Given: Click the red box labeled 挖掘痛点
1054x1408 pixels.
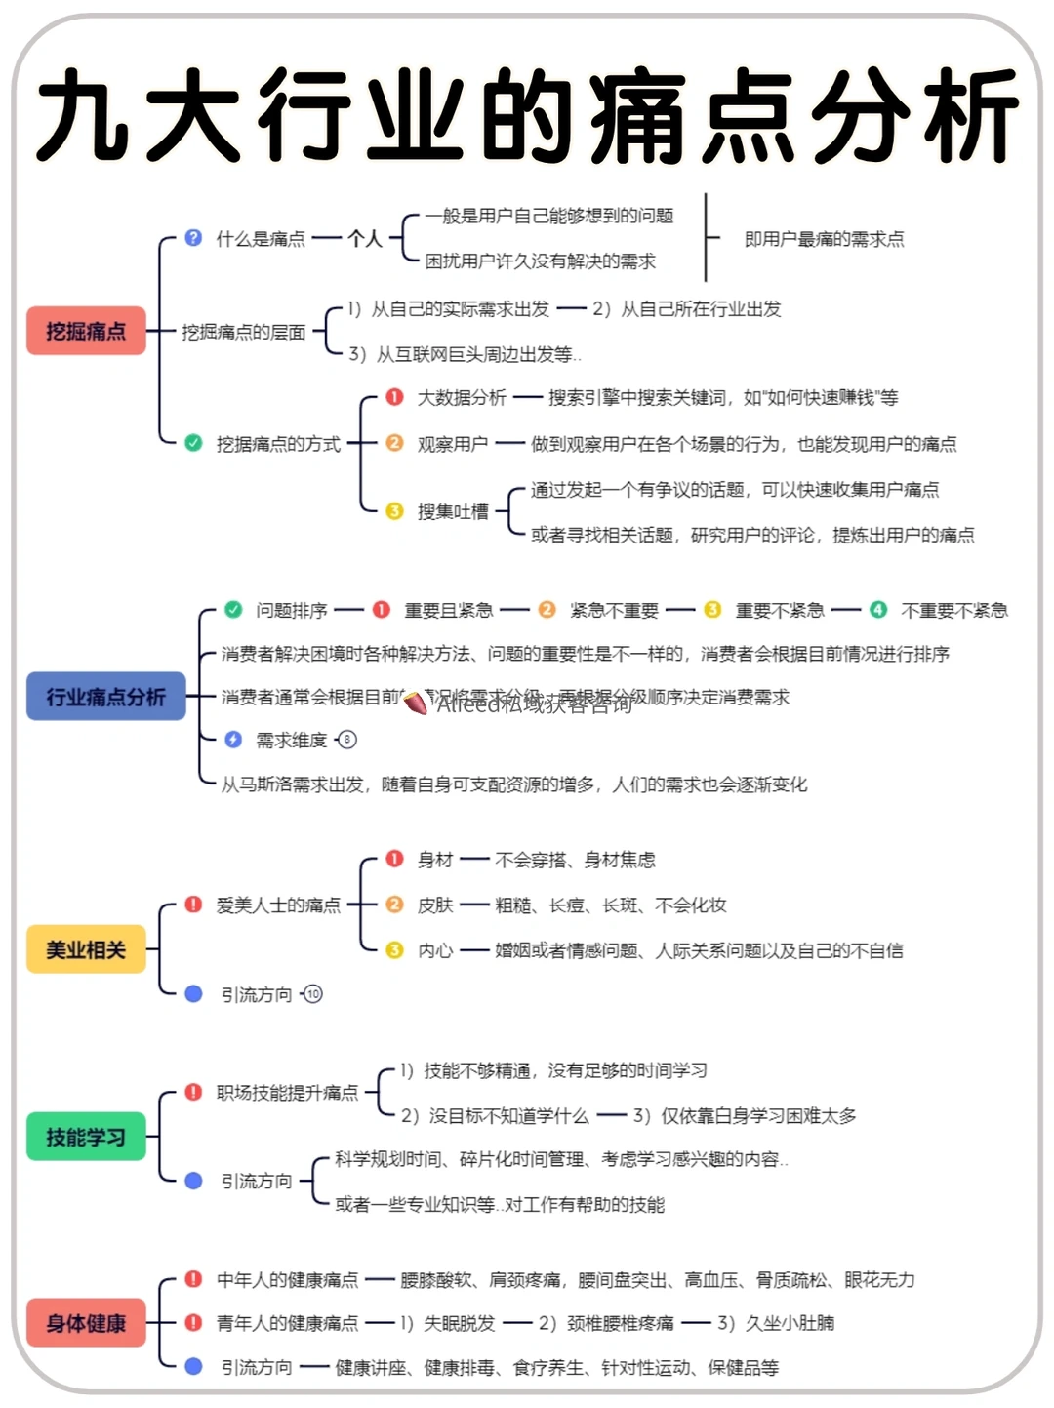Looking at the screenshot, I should pos(86,332).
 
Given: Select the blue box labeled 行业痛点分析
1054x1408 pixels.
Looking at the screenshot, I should pos(105,697).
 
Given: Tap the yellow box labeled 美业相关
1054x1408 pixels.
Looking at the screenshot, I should pos(86,949).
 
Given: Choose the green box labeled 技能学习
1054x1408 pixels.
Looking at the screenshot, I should pos(86,1137).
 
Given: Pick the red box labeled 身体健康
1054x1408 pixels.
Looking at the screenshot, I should pos(86,1323).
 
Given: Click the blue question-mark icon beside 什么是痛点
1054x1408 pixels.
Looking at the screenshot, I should pos(193,238).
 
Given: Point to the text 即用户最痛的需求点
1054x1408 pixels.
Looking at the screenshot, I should pos(824,239).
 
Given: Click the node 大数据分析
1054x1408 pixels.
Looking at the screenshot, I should pos(462,397).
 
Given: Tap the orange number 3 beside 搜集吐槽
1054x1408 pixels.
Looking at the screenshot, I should pos(394,511).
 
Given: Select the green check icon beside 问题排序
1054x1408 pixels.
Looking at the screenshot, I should pos(233,610).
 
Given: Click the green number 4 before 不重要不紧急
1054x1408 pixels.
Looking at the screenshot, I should pos(878,610).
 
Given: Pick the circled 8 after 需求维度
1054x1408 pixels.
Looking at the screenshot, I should pos(346,740).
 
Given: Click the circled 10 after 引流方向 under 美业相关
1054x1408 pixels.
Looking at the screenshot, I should pos(312,994).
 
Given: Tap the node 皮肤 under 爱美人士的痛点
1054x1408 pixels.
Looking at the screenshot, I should pos(435,905).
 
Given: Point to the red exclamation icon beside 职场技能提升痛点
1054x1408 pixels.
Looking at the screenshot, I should pos(193,1092).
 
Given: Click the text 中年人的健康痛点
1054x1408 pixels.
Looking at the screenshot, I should pos(287,1279).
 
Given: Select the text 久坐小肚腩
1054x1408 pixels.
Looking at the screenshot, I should pos(790,1323).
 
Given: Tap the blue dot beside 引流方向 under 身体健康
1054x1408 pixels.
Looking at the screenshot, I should pos(193,1367).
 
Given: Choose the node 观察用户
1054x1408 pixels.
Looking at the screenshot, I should pos(453,444).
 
